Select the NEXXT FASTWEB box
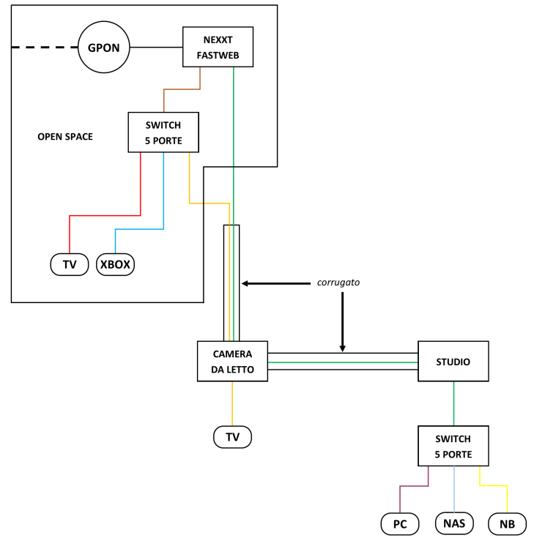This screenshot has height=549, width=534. click(x=218, y=47)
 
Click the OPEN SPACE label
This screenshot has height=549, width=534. click(x=65, y=137)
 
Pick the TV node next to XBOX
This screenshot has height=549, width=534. click(x=70, y=264)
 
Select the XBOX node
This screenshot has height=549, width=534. click(x=116, y=264)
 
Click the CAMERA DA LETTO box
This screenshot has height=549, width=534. click(x=233, y=362)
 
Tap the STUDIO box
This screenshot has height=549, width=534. click(x=453, y=362)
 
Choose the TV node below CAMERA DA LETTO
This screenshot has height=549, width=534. click(x=232, y=437)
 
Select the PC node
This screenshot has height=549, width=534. click(x=400, y=523)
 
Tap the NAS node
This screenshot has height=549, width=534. click(x=454, y=523)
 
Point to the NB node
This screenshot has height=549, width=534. click(x=507, y=523)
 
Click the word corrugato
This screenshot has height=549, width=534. click(x=338, y=282)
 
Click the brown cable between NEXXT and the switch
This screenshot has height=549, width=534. click(x=182, y=89)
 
